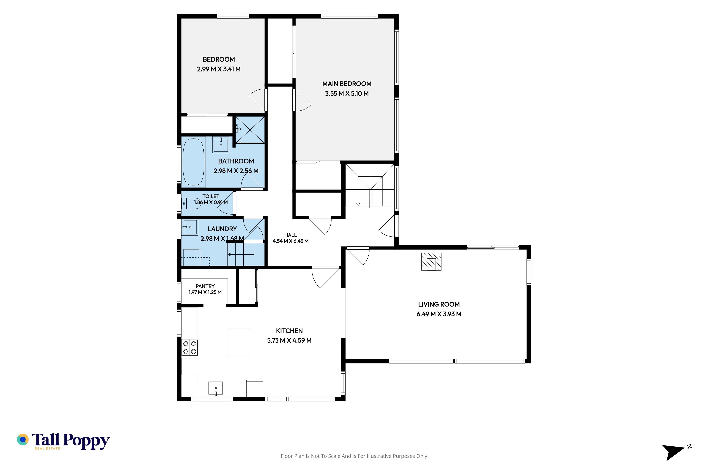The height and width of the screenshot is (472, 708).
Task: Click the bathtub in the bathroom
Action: [x=194, y=162]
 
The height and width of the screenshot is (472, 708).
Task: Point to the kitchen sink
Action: [x=216, y=388]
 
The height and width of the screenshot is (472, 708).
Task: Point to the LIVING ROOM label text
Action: [x=439, y=304]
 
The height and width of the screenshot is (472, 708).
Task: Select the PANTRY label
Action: [x=205, y=286]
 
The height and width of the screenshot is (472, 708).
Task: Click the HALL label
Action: [x=291, y=235]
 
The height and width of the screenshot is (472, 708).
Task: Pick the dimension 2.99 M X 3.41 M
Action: [x=219, y=69]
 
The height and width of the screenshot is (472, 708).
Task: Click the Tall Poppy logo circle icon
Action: [x=22, y=440]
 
